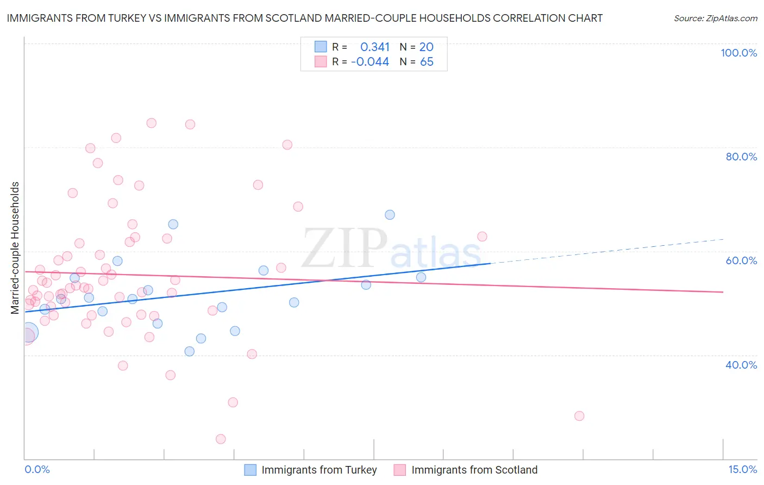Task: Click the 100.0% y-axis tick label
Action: (738, 53)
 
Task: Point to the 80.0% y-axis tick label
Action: (741, 157)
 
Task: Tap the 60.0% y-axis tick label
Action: (741, 260)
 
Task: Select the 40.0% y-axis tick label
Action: (741, 365)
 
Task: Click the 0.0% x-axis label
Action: (37, 469)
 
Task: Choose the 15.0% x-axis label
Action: (742, 469)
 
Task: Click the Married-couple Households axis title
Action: (15, 248)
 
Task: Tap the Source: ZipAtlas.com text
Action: (715, 18)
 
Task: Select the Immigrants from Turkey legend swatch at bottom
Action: (250, 470)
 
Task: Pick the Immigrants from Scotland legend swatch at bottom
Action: (400, 470)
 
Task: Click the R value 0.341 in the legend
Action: (375, 47)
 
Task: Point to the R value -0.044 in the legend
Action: (370, 62)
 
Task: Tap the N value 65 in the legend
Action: (427, 62)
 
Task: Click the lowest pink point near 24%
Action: (221, 439)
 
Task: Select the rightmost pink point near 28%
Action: (579, 416)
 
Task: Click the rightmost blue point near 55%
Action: (421, 277)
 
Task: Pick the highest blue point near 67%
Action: (390, 215)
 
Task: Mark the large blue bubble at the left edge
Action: (28, 332)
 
